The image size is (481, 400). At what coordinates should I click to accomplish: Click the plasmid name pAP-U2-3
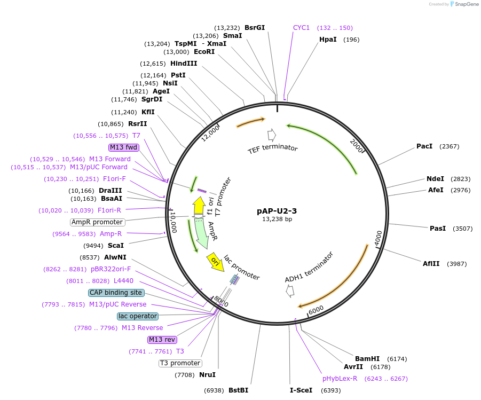[277, 210]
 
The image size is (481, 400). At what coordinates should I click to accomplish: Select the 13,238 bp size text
[277, 219]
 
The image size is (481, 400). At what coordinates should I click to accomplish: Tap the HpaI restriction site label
[327, 40]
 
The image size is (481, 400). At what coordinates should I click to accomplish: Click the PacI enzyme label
[424, 146]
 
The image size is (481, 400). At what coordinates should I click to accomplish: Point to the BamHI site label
[367, 359]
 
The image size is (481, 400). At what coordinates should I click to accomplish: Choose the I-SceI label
[301, 390]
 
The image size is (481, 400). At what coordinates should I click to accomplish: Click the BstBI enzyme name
[238, 390]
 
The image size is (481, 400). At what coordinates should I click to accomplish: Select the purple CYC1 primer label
[301, 28]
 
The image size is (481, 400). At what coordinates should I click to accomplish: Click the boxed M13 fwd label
[124, 147]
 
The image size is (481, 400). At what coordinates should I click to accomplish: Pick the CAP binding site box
[116, 293]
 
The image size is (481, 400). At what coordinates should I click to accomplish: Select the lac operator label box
[138, 316]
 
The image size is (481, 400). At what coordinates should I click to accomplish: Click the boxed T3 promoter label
[180, 363]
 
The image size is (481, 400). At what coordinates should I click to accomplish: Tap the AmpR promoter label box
[97, 222]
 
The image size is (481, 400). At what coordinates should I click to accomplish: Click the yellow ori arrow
[215, 262]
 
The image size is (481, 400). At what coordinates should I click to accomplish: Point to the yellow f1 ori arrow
[199, 206]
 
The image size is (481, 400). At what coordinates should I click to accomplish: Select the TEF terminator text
[272, 148]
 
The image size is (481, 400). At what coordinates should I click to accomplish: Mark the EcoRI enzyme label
[204, 52]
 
